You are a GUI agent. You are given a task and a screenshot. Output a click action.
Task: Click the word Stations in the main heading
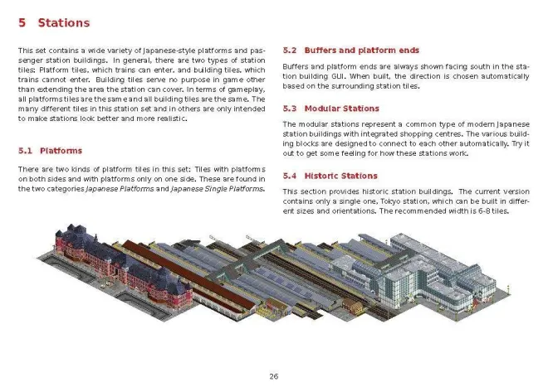click(64, 23)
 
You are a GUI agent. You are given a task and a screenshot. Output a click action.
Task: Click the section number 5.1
click(24, 151)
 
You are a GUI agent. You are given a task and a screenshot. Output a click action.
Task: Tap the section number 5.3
click(290, 109)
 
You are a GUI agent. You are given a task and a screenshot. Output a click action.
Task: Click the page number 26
click(273, 376)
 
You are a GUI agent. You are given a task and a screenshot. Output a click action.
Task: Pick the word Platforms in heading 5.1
click(61, 151)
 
